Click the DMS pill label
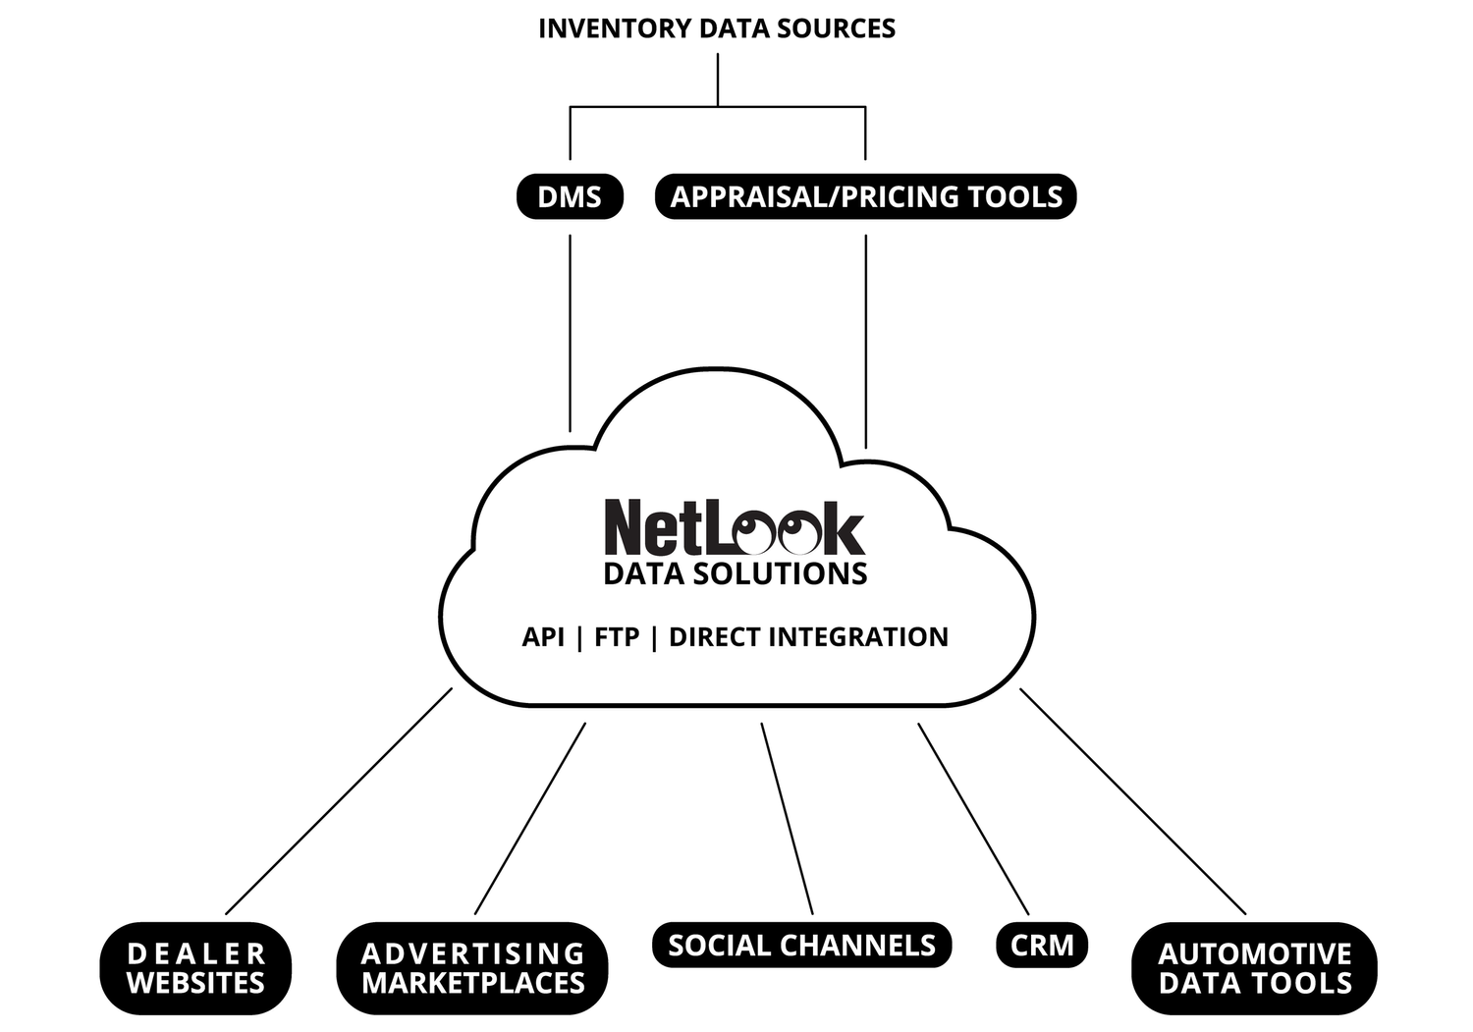[x=570, y=196]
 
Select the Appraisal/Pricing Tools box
[x=865, y=196]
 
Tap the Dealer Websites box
[x=195, y=968]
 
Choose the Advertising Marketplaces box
[x=472, y=968]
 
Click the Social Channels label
[x=801, y=945]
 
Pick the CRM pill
[x=1042, y=945]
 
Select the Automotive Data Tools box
[x=1254, y=968]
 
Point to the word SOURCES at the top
[x=843, y=28]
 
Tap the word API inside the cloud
[x=543, y=637]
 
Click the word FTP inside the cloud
[x=617, y=637]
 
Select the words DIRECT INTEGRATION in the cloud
[x=808, y=637]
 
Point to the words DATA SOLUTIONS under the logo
[x=735, y=574]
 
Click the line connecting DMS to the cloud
[x=571, y=334]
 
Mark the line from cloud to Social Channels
[x=787, y=818]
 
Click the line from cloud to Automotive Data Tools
[x=1132, y=800]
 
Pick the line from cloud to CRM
[x=973, y=818]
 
